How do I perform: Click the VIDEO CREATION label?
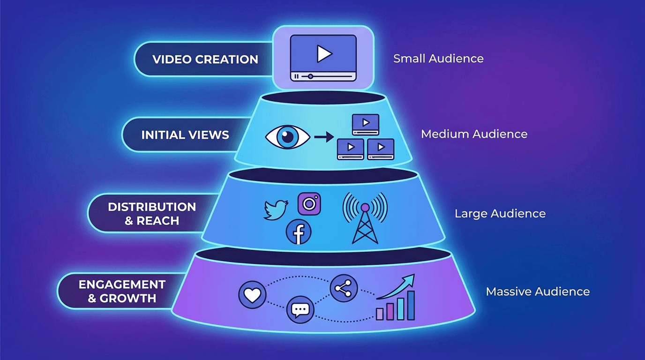pos(205,60)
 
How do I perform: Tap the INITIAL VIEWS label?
pos(185,135)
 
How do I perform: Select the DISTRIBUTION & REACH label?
pos(152,214)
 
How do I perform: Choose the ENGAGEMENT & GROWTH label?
pos(122,291)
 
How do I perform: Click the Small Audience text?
pos(438,59)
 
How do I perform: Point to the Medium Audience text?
pos(474,134)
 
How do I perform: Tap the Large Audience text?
pos(500,214)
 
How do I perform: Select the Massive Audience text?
pos(538,292)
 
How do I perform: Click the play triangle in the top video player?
pos(323,54)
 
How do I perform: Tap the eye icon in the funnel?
pos(287,137)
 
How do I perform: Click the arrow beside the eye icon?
pos(323,137)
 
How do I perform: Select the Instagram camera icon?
pos(309,204)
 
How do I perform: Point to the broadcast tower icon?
pos(365,218)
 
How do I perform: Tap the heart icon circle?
pos(252,295)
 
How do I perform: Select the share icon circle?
pos(343,288)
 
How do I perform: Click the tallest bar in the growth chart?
pos(411,305)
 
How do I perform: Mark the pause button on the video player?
pos(296,75)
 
